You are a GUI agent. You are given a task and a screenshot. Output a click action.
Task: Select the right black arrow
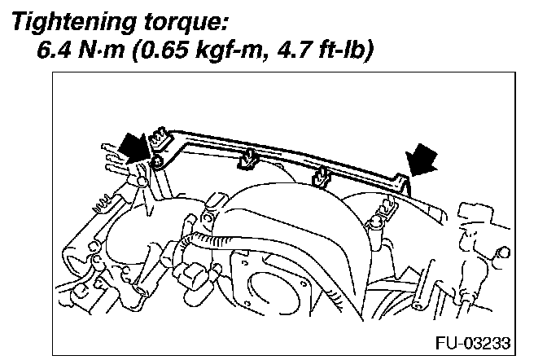click(421, 158)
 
